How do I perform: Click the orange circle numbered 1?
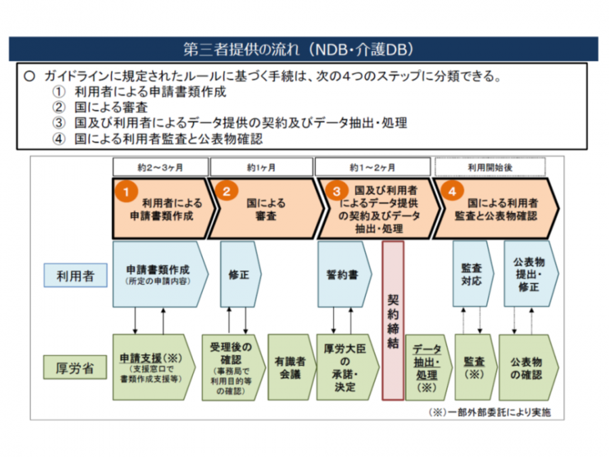click(x=123, y=192)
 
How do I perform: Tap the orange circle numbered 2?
click(x=226, y=192)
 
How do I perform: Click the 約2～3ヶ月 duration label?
click(x=160, y=167)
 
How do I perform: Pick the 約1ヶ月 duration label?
click(x=261, y=167)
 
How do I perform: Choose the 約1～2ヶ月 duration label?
click(x=372, y=167)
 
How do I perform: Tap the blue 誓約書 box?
click(x=342, y=275)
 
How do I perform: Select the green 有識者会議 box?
click(x=291, y=367)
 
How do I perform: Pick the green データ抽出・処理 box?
click(x=426, y=368)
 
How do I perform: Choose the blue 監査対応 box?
click(x=471, y=274)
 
